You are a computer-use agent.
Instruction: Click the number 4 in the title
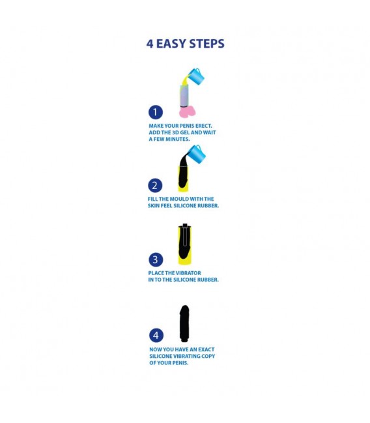(x=150, y=44)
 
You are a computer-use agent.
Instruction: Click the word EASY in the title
(x=171, y=44)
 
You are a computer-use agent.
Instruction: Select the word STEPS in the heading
(x=207, y=44)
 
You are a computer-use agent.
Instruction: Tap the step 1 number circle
(x=156, y=112)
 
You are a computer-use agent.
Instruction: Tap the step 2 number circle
(x=155, y=186)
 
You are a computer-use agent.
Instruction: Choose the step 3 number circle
(x=156, y=259)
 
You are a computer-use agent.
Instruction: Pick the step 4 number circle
(x=156, y=335)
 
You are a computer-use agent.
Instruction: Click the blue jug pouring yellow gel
(x=196, y=76)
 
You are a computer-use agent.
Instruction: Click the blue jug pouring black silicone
(x=197, y=154)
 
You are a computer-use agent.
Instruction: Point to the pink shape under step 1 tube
(x=187, y=111)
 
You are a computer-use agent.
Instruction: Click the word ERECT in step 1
(x=203, y=126)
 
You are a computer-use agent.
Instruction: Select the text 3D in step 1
(x=177, y=132)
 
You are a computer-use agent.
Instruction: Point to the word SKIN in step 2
(x=153, y=206)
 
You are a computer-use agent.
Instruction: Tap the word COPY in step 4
(x=208, y=356)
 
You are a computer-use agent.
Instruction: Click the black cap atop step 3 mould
(x=185, y=226)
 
